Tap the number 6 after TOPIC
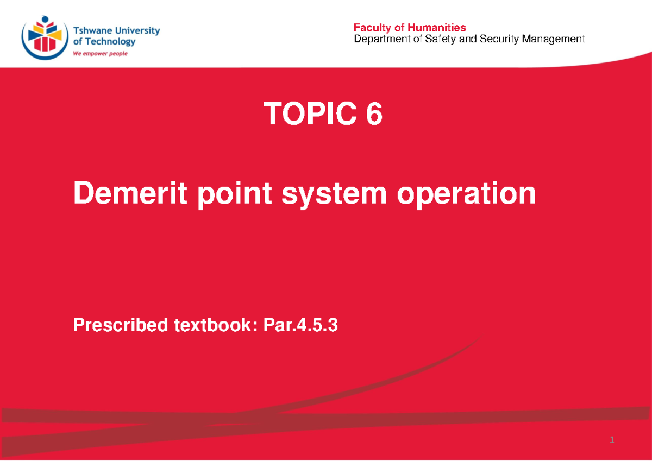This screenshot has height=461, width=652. [374, 115]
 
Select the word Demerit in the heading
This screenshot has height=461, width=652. [130, 194]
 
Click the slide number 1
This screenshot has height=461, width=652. [612, 440]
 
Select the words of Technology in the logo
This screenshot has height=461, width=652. [104, 42]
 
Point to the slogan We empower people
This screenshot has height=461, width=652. [100, 54]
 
